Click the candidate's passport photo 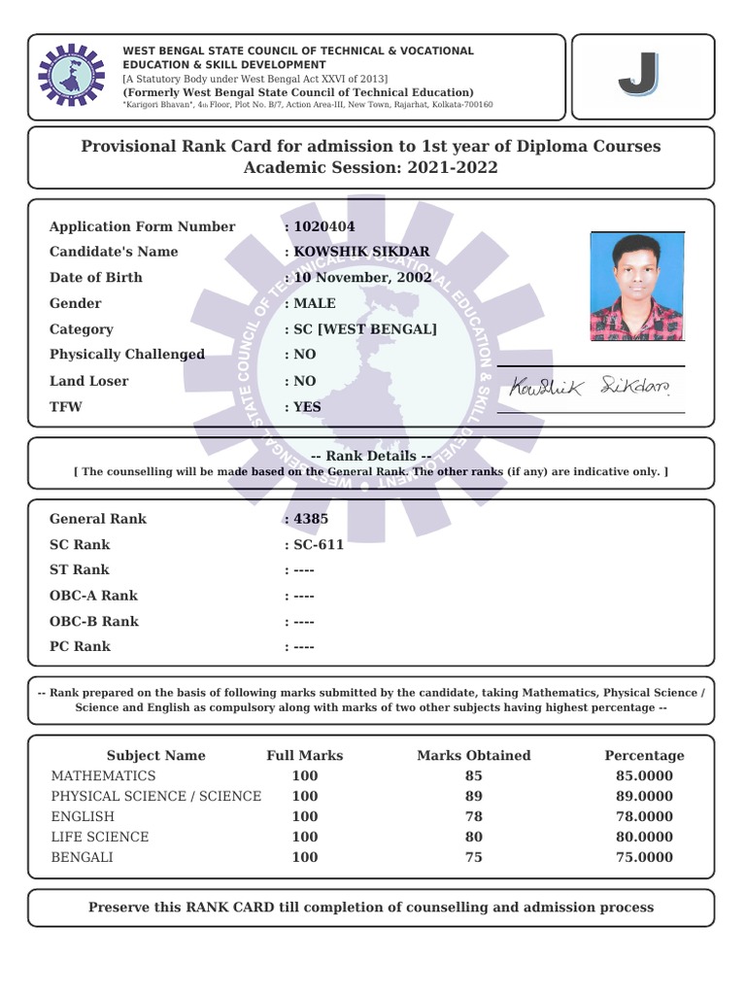(x=636, y=287)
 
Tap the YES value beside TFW (x=307, y=407)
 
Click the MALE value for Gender (x=315, y=303)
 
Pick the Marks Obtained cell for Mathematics (x=473, y=776)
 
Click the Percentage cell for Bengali (x=644, y=857)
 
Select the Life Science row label (x=100, y=837)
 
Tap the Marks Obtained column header (x=473, y=755)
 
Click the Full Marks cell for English (x=304, y=816)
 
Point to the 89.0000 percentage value (x=644, y=797)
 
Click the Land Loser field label (x=88, y=381)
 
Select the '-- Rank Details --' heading (x=370, y=456)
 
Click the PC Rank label (x=80, y=646)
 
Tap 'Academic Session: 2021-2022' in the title (x=370, y=167)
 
